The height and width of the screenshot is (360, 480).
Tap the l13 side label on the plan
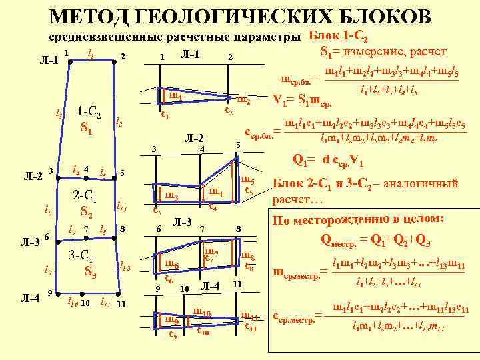[x=121, y=206]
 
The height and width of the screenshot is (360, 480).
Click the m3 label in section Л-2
[x=171, y=197]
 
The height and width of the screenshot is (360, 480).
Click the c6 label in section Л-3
[x=169, y=279]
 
